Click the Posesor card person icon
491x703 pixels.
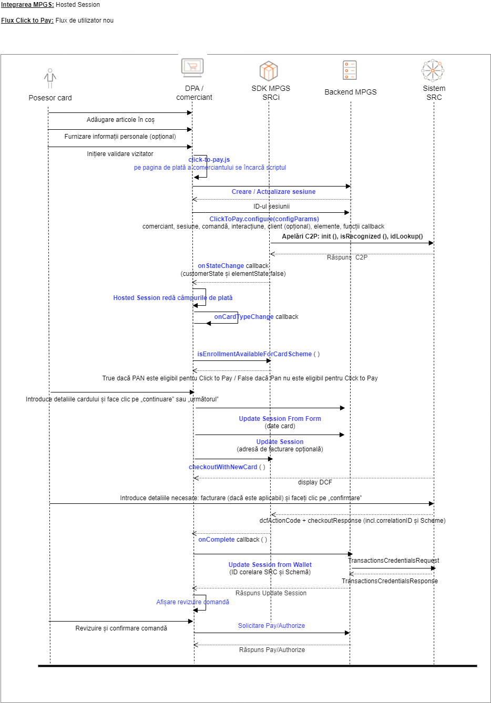pyautogui.click(x=50, y=78)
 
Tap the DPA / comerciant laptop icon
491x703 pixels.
pyautogui.click(x=192, y=68)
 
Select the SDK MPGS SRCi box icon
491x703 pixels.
pyautogui.click(x=269, y=70)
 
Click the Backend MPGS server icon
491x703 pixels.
pyautogui.click(x=350, y=70)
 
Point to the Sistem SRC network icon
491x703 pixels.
pyautogui.click(x=433, y=70)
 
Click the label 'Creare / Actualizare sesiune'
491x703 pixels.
pyautogui.click(x=273, y=192)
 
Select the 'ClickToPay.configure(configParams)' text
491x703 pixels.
pyautogui.click(x=264, y=219)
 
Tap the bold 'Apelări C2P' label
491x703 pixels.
pyautogui.click(x=352, y=236)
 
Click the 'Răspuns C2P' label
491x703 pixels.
pyautogui.click(x=347, y=257)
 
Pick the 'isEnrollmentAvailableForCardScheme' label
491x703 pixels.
pyautogui.click(x=254, y=354)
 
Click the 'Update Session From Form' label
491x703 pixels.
pyautogui.click(x=280, y=419)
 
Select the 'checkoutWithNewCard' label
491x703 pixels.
pyautogui.click(x=223, y=467)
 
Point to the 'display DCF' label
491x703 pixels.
pyautogui.click(x=315, y=482)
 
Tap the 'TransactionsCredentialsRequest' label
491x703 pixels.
pyautogui.click(x=394, y=561)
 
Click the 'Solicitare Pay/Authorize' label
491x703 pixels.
pyautogui.click(x=271, y=626)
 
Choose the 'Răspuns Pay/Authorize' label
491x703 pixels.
pyautogui.click(x=272, y=650)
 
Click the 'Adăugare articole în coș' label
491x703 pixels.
pyautogui.click(x=120, y=120)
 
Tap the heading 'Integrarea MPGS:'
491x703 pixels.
pyautogui.click(x=27, y=5)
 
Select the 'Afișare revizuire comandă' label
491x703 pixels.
pyautogui.click(x=192, y=602)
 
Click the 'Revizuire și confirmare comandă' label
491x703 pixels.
pyautogui.click(x=121, y=628)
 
